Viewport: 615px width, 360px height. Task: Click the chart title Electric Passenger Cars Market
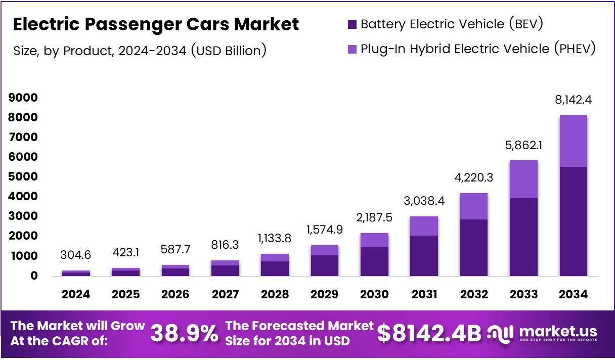pyautogui.click(x=156, y=24)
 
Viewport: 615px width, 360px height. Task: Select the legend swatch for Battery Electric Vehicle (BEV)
pyautogui.click(x=352, y=24)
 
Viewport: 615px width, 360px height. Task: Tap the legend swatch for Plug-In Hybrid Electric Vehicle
pyautogui.click(x=352, y=49)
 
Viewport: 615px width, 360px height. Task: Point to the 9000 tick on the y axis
pyautogui.click(x=23, y=98)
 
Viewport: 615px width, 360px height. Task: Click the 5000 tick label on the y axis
pyautogui.click(x=23, y=176)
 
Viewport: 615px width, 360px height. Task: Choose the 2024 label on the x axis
pyautogui.click(x=76, y=295)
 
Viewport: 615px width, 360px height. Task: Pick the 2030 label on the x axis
pyautogui.click(x=375, y=295)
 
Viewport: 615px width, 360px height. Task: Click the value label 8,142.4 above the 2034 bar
pyautogui.click(x=573, y=100)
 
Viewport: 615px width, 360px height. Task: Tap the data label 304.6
pyautogui.click(x=76, y=255)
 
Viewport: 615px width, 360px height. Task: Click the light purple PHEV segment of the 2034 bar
pyautogui.click(x=573, y=141)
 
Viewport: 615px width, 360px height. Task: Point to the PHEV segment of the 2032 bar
pyautogui.click(x=474, y=206)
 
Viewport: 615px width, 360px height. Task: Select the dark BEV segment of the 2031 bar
pyautogui.click(x=424, y=255)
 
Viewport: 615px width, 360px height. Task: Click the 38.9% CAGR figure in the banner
pyautogui.click(x=184, y=333)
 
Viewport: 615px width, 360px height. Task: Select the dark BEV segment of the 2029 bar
pyautogui.click(x=325, y=265)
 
